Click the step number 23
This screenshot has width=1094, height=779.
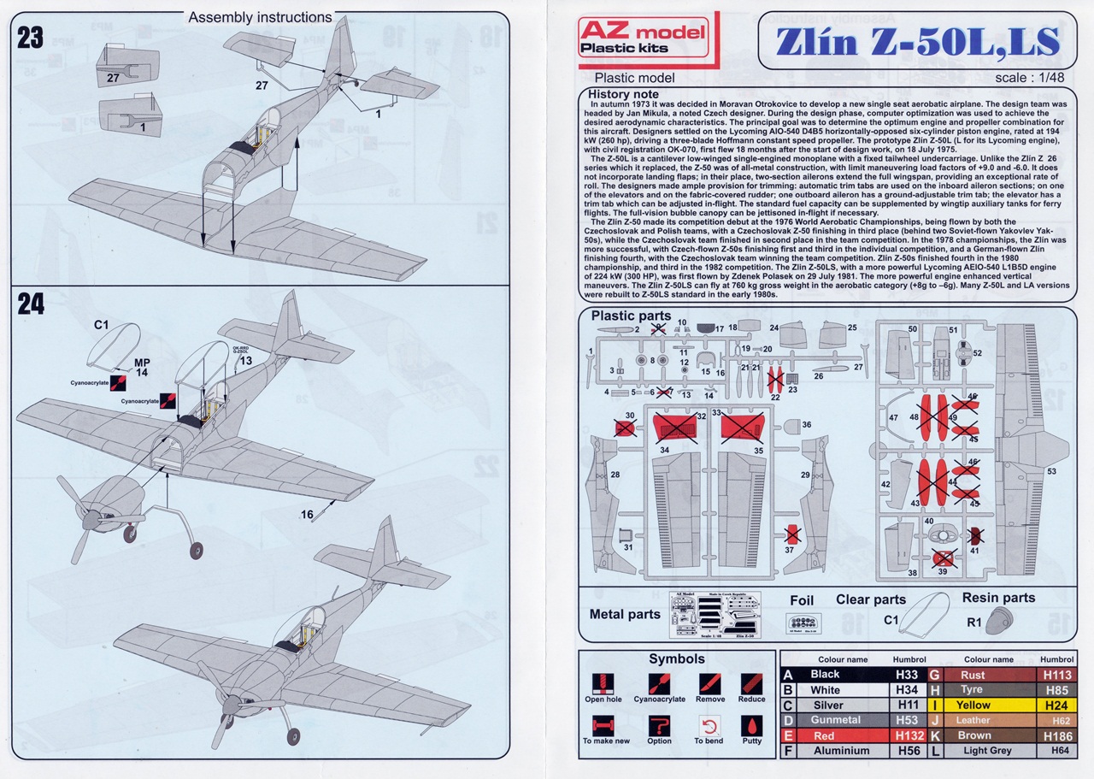click(x=30, y=39)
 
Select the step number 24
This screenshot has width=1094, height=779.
click(x=30, y=305)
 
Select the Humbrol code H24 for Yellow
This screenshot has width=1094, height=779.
click(x=1057, y=705)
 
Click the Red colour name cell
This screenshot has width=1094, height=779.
click(x=825, y=735)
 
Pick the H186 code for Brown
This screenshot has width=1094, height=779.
click(x=1057, y=735)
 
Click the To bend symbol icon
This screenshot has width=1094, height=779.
click(x=709, y=726)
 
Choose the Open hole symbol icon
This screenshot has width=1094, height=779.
click(x=603, y=684)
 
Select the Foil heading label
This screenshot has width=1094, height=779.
click(x=802, y=601)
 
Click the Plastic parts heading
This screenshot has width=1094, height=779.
click(x=631, y=316)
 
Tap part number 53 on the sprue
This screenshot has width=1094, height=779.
click(x=1051, y=470)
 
